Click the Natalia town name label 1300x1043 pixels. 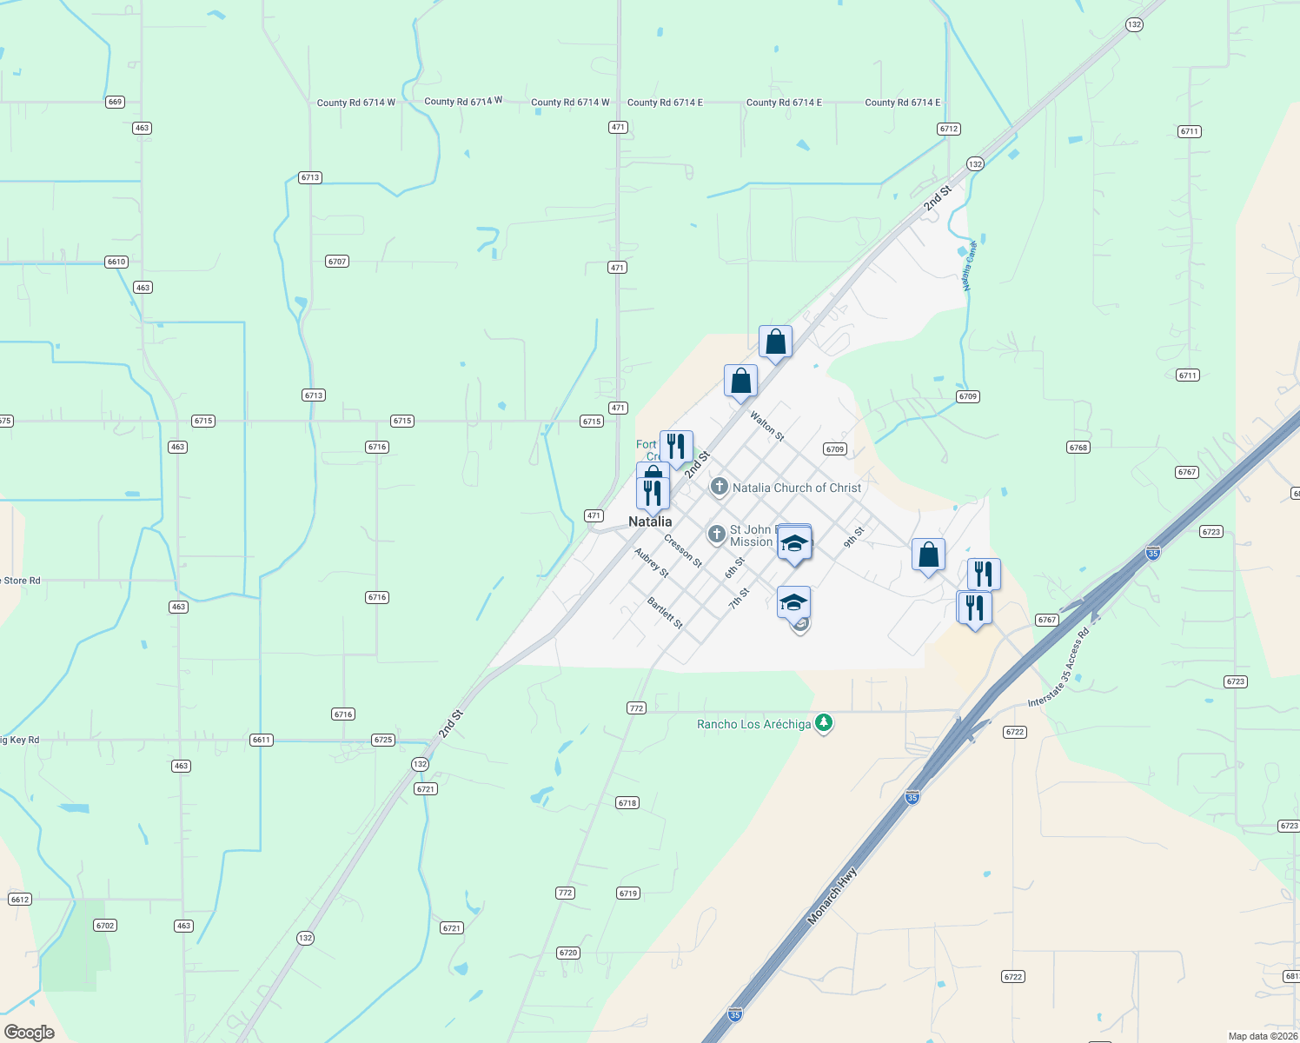(650, 521)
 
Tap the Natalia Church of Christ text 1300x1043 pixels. (797, 488)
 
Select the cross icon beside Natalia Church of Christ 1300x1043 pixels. (720, 487)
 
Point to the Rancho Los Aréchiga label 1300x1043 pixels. (753, 724)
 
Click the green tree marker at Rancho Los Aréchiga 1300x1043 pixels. (824, 722)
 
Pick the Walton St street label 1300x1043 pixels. (767, 426)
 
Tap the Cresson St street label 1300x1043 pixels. (683, 551)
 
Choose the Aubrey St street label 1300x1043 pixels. (652, 563)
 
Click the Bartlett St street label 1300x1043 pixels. (666, 613)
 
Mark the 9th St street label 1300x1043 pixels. (854, 537)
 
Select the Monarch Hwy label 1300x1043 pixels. (832, 895)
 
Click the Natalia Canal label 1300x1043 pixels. (970, 266)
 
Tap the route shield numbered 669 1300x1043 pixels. (115, 102)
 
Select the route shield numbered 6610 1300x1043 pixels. (116, 262)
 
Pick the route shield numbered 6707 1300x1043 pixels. (337, 261)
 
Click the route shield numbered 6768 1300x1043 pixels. (1078, 448)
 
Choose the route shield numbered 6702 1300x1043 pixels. (105, 926)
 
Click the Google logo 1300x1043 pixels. (30, 1033)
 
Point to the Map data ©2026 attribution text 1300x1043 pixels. (1263, 1036)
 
